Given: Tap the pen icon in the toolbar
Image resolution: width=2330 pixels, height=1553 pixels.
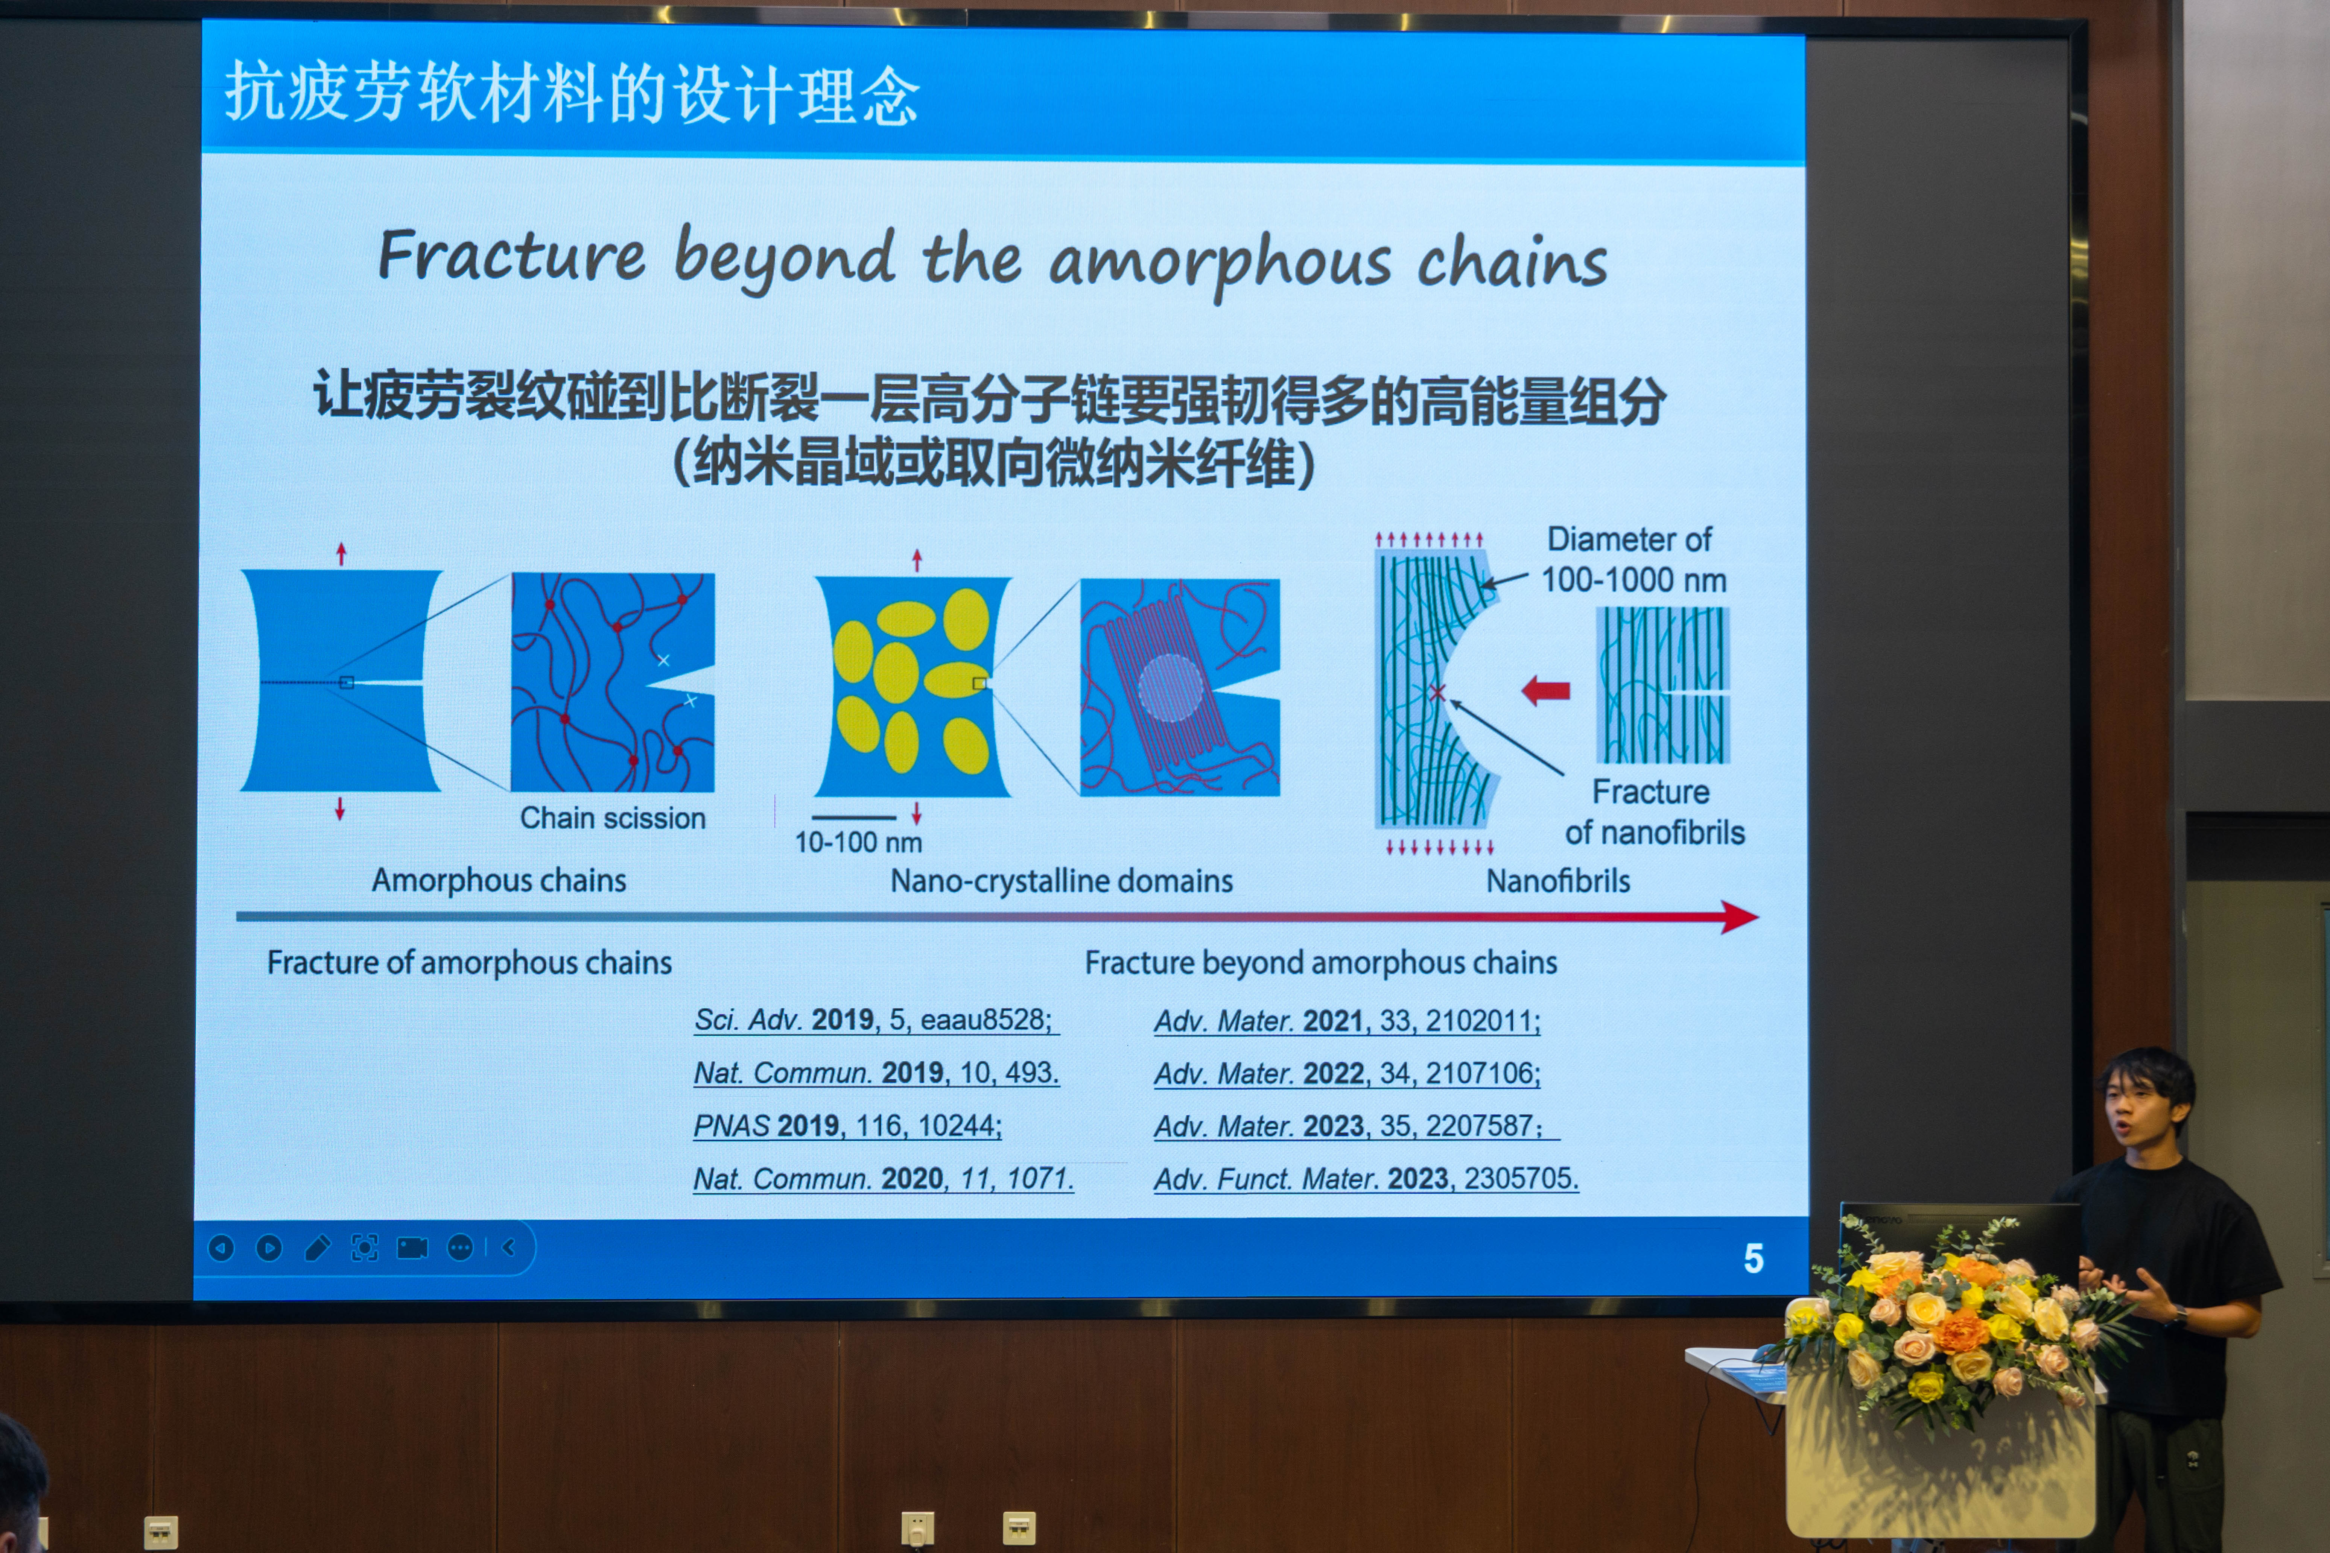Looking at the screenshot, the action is pyautogui.click(x=317, y=1248).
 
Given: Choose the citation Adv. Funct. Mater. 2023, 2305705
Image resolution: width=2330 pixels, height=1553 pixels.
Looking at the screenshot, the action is pyautogui.click(x=1366, y=1179).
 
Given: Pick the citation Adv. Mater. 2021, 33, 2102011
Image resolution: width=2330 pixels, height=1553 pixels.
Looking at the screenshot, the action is pyautogui.click(x=1347, y=1021).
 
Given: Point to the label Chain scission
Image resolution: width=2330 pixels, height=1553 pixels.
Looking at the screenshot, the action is pyautogui.click(x=613, y=818).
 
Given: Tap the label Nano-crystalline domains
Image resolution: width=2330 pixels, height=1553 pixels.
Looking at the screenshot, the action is pyautogui.click(x=1061, y=880).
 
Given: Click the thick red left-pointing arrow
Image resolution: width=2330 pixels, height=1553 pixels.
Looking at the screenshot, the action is pyautogui.click(x=1545, y=690).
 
